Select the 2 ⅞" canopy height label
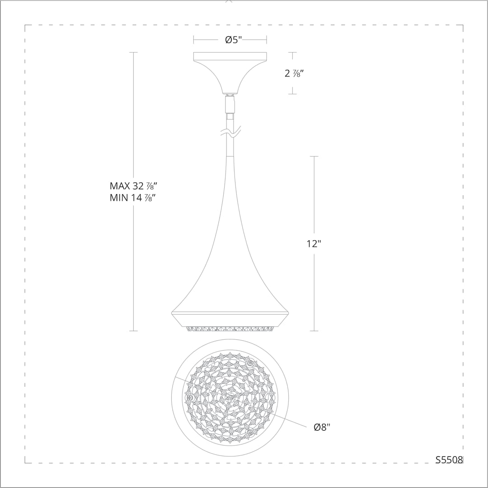point(293,73)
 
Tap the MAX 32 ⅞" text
point(133,186)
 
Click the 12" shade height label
point(314,244)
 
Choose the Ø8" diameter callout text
point(322,427)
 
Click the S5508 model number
point(449,460)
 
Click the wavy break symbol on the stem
point(230,133)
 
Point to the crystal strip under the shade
point(230,328)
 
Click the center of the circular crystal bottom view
point(230,398)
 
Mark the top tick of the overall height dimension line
point(133,52)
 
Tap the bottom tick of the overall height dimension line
point(133,331)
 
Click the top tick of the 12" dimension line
point(314,156)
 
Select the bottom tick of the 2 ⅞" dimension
point(292,94)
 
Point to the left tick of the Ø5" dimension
point(194,40)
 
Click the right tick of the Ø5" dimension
point(266,40)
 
